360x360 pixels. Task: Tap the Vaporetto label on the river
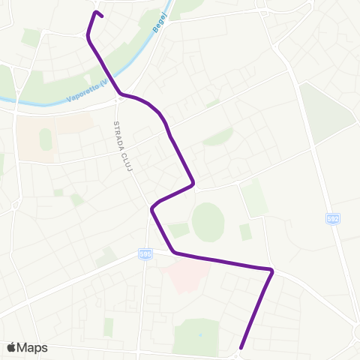point(89,88)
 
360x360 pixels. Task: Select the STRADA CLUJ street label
point(122,145)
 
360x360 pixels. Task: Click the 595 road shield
point(145,254)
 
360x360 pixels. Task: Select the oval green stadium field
point(208,222)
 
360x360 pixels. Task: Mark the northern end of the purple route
point(94,12)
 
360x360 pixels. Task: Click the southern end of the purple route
point(241,347)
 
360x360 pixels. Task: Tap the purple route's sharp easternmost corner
point(272,270)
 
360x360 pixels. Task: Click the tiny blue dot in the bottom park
point(200,334)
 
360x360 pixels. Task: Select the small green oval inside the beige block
point(46,139)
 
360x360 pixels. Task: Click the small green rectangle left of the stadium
point(178,229)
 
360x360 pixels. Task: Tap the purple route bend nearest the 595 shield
point(175,252)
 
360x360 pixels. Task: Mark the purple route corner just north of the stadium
point(193,182)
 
